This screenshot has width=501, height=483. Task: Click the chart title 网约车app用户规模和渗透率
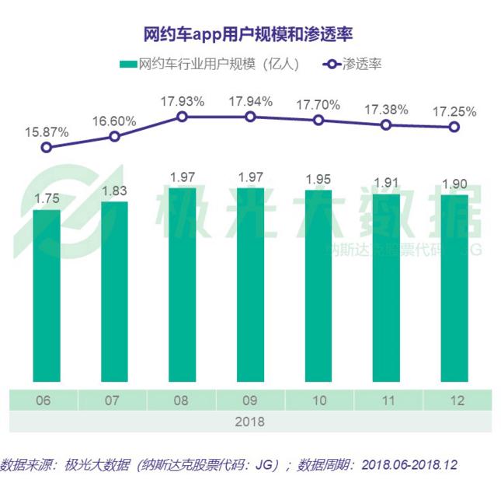pyautogui.click(x=250, y=34)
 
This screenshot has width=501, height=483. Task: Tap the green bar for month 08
pyautogui.click(x=182, y=288)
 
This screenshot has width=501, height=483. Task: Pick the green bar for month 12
pyautogui.click(x=454, y=292)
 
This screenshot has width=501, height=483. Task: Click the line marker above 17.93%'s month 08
pyautogui.click(x=183, y=117)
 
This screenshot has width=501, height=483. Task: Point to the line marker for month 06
pyautogui.click(x=47, y=147)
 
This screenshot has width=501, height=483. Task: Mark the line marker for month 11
pyautogui.click(x=386, y=124)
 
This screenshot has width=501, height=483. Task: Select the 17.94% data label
pyautogui.click(x=250, y=101)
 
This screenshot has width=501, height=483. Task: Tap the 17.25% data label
pyautogui.click(x=454, y=111)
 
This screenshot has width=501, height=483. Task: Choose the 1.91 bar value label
pyautogui.click(x=386, y=184)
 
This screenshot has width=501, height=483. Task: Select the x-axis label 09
pyautogui.click(x=250, y=401)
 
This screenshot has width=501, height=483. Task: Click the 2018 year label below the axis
pyautogui.click(x=250, y=422)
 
